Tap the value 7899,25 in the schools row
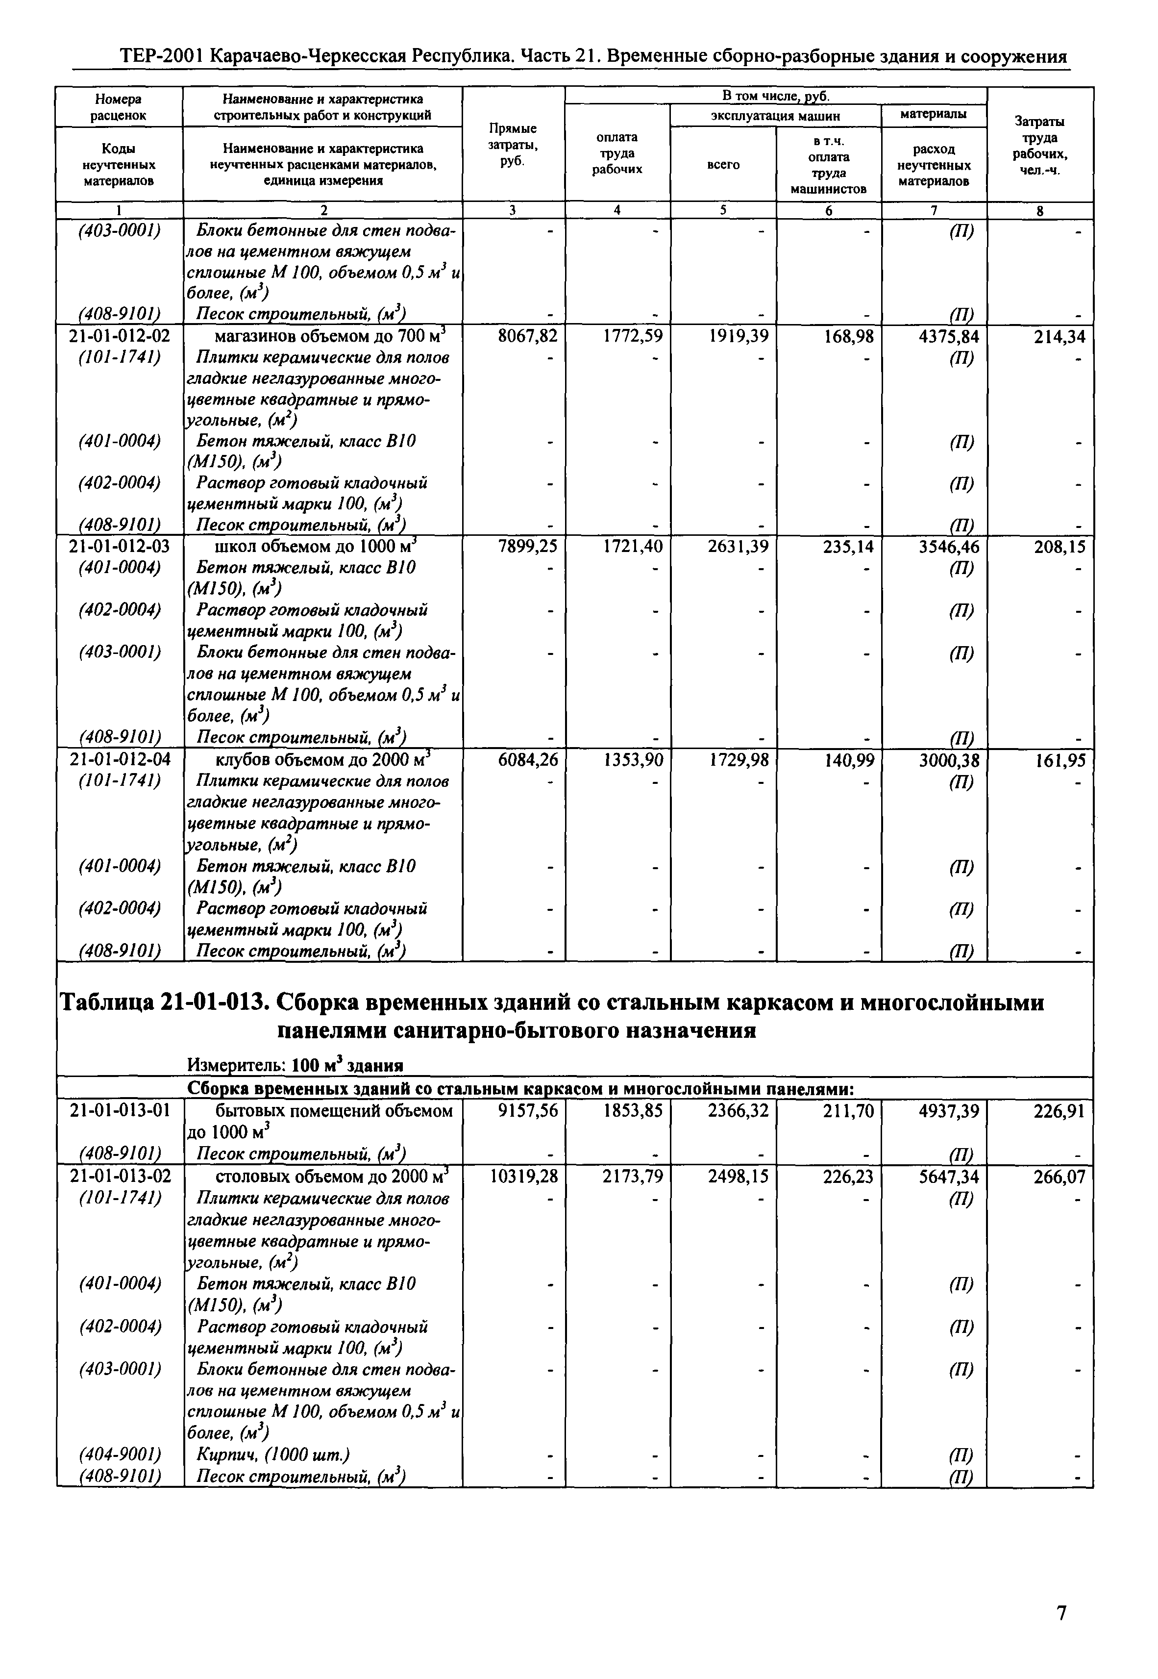coord(527,547)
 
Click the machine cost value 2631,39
coord(738,547)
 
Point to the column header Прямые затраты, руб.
coord(513,145)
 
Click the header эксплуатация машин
coord(775,115)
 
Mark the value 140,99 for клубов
coord(848,760)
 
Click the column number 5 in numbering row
coord(723,210)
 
